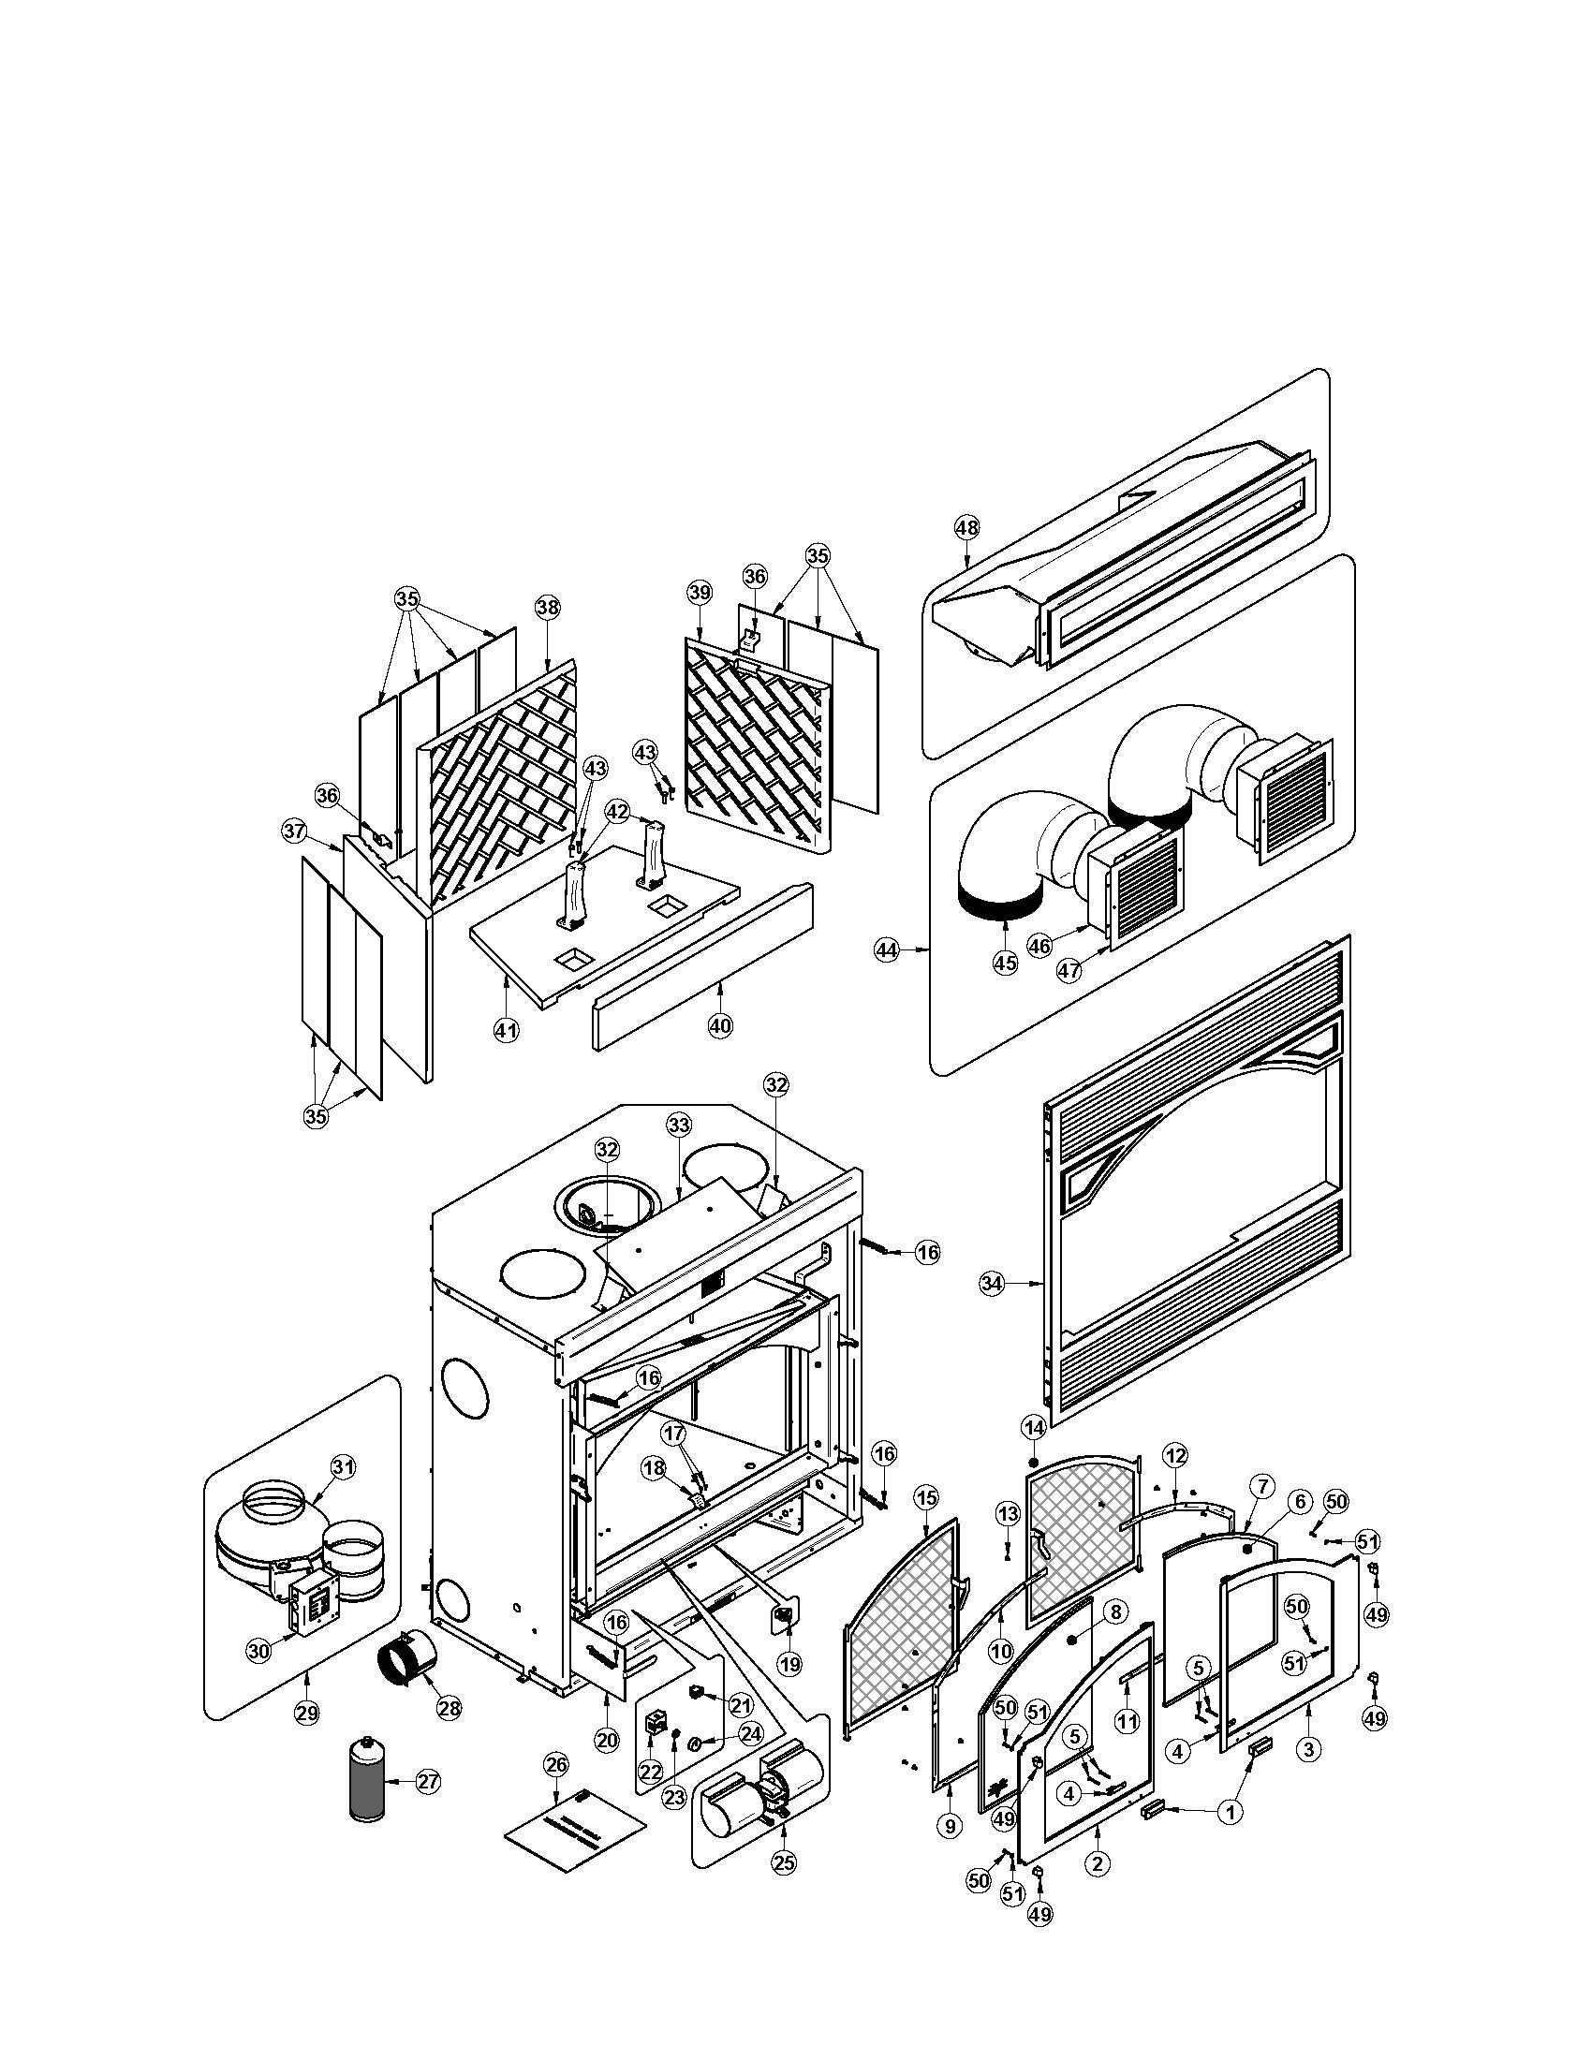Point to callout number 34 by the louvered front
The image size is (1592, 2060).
pos(990,1283)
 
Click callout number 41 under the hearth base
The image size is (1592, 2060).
pos(507,1031)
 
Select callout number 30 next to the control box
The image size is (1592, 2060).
pos(258,1650)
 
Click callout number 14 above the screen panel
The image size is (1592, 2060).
pos(1034,1427)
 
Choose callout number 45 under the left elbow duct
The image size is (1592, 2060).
pos(1006,963)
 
